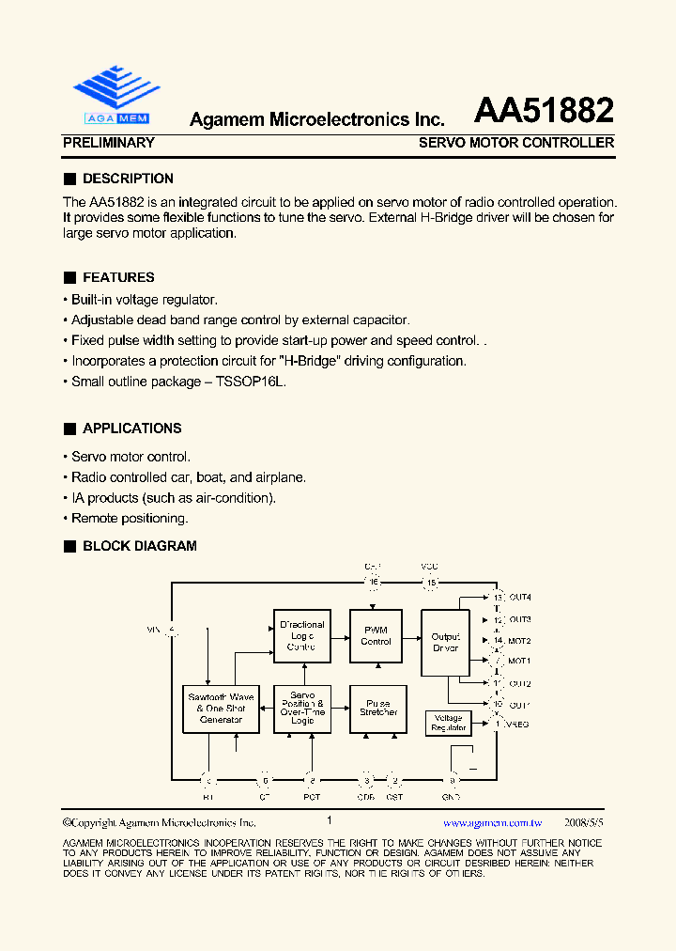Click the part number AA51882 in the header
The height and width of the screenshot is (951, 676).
[x=544, y=112]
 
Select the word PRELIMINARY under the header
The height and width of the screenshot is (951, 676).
[x=108, y=143]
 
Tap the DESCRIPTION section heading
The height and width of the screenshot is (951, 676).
[x=128, y=179]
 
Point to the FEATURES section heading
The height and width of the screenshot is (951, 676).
[x=118, y=277]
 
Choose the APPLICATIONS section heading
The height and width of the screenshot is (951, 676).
[x=131, y=429]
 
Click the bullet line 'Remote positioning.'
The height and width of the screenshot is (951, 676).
[x=130, y=518]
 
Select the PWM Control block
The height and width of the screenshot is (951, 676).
[x=376, y=636]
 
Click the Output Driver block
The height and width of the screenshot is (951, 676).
[x=445, y=642]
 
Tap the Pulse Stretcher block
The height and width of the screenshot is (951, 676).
[x=377, y=708]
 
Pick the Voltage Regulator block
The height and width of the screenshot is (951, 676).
[x=448, y=723]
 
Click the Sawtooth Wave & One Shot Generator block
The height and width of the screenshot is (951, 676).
[x=221, y=709]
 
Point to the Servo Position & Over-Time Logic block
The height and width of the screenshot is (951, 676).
[x=302, y=708]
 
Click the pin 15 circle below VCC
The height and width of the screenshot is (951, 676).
[x=431, y=584]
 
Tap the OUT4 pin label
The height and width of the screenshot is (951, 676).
[x=519, y=598]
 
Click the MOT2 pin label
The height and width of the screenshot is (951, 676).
[x=519, y=641]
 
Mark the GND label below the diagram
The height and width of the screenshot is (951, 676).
[x=453, y=797]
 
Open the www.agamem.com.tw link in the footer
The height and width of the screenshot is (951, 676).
[x=492, y=821]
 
